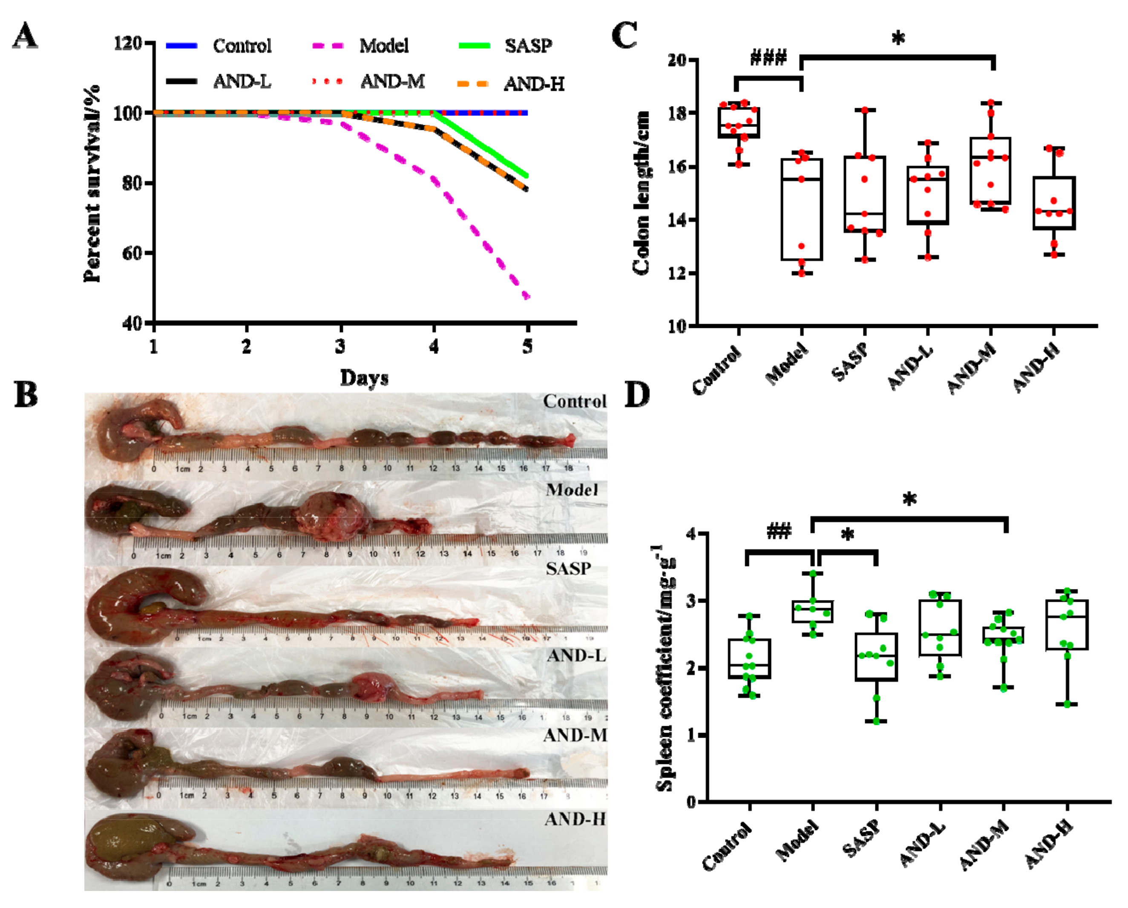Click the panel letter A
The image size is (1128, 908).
25,37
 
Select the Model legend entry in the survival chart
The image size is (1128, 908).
383,46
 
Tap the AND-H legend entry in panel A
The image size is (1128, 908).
534,83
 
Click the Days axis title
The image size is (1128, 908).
364,378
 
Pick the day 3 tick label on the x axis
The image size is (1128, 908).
341,346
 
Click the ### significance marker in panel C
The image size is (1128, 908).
768,57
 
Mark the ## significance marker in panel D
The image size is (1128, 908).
779,532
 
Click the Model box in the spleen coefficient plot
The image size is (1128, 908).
812,611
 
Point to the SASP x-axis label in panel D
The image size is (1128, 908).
860,839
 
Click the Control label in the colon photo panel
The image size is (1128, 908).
575,402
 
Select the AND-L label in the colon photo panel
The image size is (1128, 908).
576,656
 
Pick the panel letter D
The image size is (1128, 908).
637,396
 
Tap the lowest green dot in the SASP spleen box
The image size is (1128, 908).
876,721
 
